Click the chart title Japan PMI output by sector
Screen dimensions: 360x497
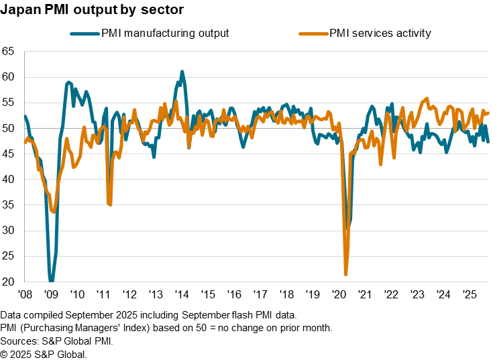(x=93, y=11)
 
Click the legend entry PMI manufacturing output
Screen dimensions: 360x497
(x=164, y=33)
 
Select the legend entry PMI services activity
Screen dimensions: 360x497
(x=379, y=33)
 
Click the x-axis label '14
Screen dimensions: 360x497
(x=181, y=294)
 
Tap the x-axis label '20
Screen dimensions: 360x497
(x=339, y=294)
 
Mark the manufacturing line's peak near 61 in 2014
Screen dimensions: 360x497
(x=182, y=71)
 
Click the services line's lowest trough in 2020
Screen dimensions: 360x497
(x=346, y=274)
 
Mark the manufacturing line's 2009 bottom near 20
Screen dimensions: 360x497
(x=51, y=281)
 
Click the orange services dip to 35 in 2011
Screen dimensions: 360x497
(x=109, y=204)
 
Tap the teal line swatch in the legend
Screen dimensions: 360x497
(x=84, y=33)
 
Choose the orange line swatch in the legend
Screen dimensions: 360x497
(x=311, y=33)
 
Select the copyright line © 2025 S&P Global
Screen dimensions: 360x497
(x=44, y=353)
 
